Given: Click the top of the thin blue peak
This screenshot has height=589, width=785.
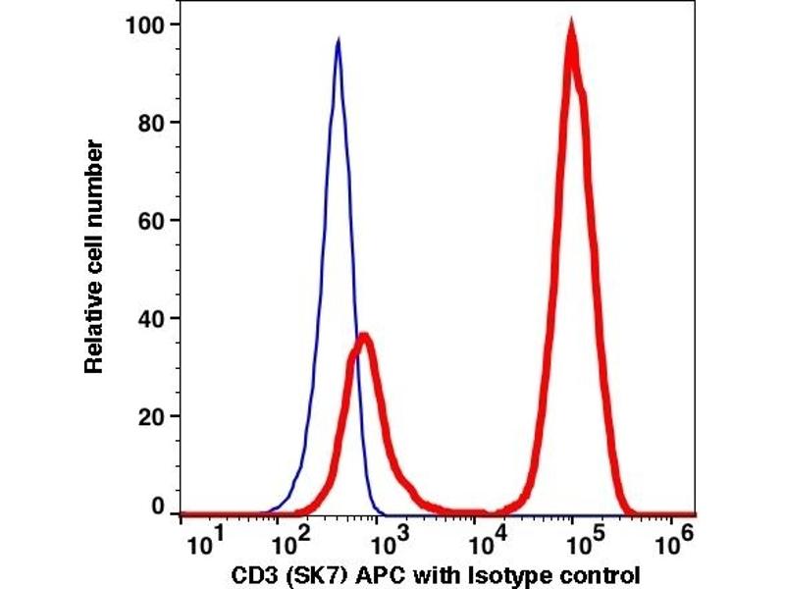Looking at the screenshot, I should [338, 40].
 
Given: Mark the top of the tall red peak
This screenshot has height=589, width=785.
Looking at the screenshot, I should [571, 26].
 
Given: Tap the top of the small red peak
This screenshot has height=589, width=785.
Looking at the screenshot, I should [365, 337].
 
